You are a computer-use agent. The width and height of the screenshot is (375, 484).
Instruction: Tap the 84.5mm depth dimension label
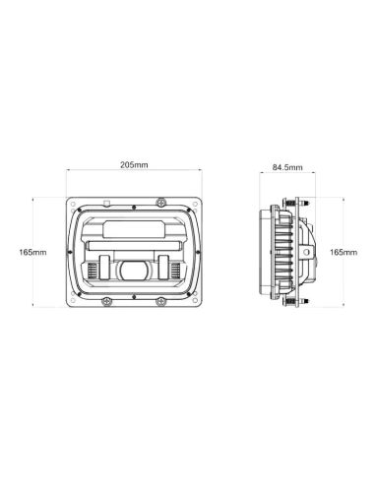287,168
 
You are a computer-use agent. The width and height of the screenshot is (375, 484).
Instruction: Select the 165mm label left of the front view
32,253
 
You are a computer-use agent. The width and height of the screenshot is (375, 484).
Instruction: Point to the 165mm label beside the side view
344,253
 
